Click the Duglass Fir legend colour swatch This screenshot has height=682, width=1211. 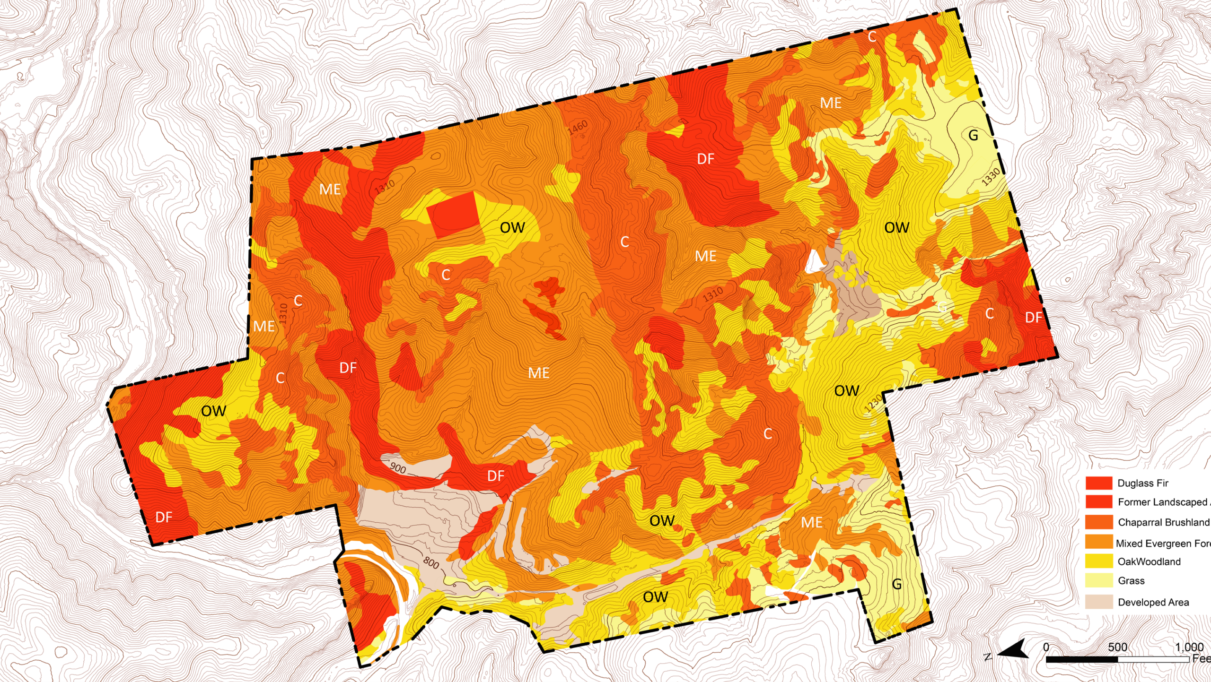pyautogui.click(x=1098, y=483)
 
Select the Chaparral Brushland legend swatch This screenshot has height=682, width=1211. pyautogui.click(x=1098, y=522)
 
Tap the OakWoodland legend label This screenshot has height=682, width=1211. pyautogui.click(x=1149, y=561)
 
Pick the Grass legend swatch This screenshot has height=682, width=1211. pyautogui.click(x=1098, y=580)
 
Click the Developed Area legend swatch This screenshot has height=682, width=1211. pyautogui.click(x=1098, y=602)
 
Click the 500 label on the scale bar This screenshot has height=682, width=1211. pyautogui.click(x=1117, y=647)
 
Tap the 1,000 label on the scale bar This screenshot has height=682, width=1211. pyautogui.click(x=1189, y=647)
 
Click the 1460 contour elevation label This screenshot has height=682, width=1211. pyautogui.click(x=578, y=127)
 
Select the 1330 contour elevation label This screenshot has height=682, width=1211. pyautogui.click(x=991, y=177)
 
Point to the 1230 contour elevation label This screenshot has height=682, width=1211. pyautogui.click(x=873, y=403)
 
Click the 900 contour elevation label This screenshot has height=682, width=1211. pyautogui.click(x=398, y=468)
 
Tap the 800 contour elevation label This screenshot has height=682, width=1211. pyautogui.click(x=431, y=562)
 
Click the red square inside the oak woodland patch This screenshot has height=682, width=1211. pyautogui.click(x=453, y=214)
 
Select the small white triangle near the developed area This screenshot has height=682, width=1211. pyautogui.click(x=814, y=261)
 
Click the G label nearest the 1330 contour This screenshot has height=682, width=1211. pyautogui.click(x=973, y=136)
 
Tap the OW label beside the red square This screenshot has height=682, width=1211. pyautogui.click(x=512, y=228)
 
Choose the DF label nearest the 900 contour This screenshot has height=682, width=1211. pyautogui.click(x=496, y=476)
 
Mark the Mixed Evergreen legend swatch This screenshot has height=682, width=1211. pyautogui.click(x=1098, y=542)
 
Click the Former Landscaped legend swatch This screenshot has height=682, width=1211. pyautogui.click(x=1098, y=501)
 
